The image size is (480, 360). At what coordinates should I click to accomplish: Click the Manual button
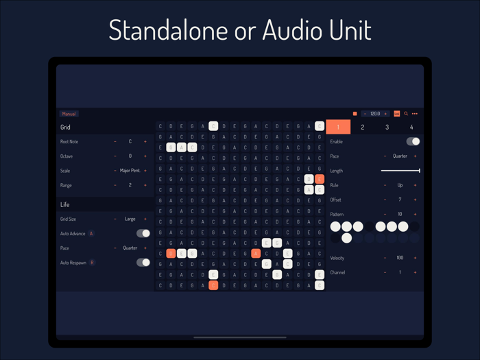[69, 114]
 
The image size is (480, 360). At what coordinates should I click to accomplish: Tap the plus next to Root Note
[145, 142]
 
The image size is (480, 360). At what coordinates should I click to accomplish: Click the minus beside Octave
[115, 156]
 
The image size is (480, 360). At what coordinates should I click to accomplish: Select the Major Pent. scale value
[130, 171]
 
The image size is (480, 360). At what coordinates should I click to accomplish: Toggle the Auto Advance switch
[143, 234]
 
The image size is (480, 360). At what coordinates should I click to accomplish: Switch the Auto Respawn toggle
[143, 263]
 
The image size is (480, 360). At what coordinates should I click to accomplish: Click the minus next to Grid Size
[115, 219]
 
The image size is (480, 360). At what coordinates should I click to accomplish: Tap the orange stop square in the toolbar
[355, 114]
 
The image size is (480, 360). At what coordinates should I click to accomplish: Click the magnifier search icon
[406, 114]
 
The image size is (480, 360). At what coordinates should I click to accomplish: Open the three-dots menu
[415, 114]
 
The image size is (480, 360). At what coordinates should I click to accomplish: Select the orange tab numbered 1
[338, 127]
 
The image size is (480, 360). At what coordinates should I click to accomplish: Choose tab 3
[387, 127]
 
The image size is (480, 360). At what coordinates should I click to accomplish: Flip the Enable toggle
[413, 141]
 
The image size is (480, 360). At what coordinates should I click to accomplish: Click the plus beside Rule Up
[415, 185]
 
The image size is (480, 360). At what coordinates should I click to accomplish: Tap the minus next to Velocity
[385, 258]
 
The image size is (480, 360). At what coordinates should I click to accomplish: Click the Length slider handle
[419, 171]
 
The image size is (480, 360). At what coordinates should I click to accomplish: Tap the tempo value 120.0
[375, 114]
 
